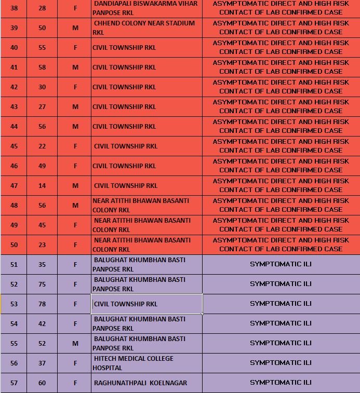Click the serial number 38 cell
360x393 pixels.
coord(14,8)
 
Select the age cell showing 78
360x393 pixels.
coord(42,304)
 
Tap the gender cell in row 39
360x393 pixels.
coord(75,28)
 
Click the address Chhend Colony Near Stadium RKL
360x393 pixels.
coord(144,28)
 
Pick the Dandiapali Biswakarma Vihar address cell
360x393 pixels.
coord(145,8)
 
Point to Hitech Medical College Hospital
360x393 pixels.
coord(133,363)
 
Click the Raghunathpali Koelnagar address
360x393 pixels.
coord(140,383)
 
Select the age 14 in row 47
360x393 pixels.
coord(42,186)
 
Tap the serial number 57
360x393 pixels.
coord(14,383)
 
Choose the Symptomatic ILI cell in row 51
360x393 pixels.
coord(281,264)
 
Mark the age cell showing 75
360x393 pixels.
coord(42,284)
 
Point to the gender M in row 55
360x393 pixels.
coord(75,344)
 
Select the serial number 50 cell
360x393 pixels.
coord(14,245)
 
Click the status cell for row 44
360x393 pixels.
coord(281,126)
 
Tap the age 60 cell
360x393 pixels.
coord(42,383)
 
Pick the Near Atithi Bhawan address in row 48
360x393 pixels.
coord(141,205)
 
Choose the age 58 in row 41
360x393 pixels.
coord(42,67)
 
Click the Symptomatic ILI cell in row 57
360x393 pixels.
coord(281,383)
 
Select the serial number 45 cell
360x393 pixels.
coord(14,146)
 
